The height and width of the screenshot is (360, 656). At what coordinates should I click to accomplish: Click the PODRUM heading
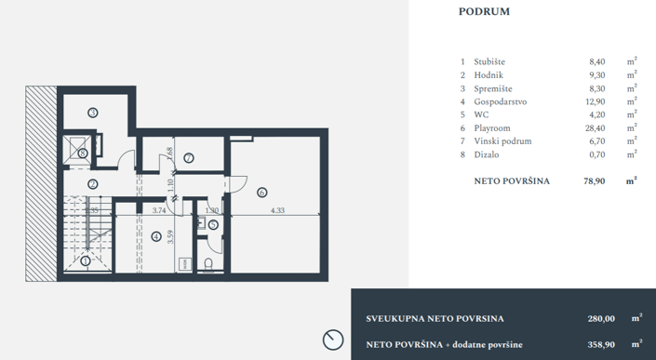(483, 12)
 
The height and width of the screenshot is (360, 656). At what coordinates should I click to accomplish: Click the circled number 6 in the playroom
(261, 193)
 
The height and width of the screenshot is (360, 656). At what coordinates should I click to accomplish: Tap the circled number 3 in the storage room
(92, 112)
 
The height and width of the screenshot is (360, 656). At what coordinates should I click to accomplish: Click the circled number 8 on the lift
(84, 153)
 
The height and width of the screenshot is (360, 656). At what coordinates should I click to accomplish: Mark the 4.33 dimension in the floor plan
(278, 211)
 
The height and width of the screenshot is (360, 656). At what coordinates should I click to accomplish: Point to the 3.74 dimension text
(158, 211)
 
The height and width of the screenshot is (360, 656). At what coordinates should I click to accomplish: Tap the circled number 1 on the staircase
(86, 261)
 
